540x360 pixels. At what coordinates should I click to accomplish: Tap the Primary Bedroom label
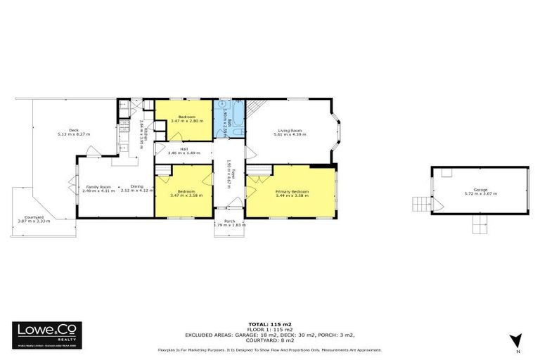(x=291, y=191)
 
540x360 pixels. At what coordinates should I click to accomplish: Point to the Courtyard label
(x=30, y=217)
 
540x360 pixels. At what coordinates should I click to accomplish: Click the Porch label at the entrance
(x=229, y=221)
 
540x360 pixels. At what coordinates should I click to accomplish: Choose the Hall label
(x=184, y=148)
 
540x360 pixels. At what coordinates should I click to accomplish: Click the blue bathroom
(x=230, y=120)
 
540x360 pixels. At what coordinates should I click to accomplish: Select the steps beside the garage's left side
(x=420, y=205)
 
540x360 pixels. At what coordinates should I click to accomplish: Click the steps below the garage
(x=480, y=225)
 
